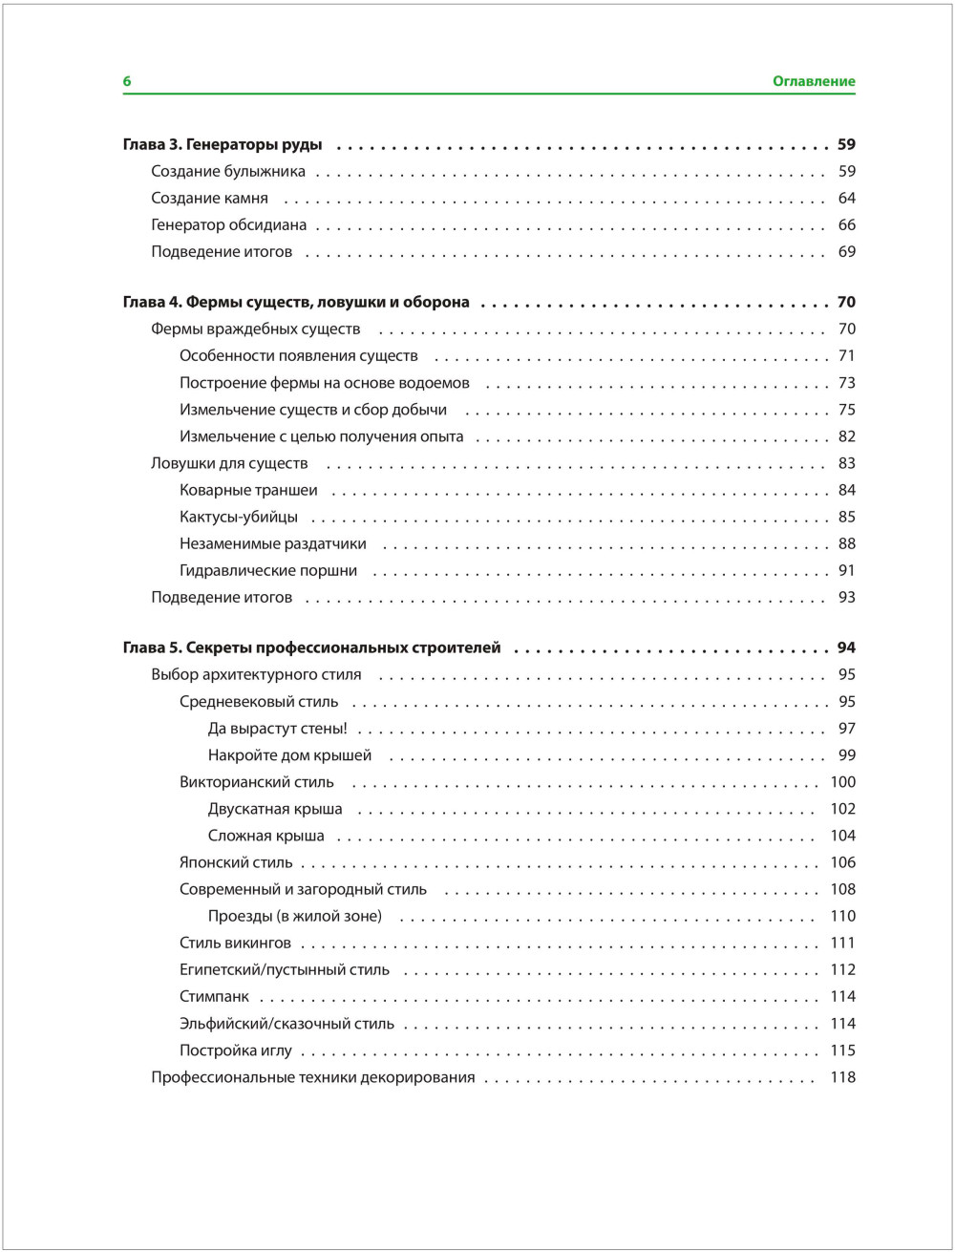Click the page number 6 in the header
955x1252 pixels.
[x=127, y=82]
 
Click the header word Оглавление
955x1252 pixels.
[x=814, y=82]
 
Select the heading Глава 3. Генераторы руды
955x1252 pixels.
[x=223, y=145]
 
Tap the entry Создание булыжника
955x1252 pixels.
[x=228, y=172]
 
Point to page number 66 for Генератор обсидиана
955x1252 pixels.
[x=846, y=225]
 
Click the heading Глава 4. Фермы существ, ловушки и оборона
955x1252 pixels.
[x=296, y=302]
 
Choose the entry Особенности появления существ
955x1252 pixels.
[x=298, y=356]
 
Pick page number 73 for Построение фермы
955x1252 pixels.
[x=846, y=383]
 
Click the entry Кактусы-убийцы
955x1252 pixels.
[x=238, y=517]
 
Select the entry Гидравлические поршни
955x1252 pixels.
[x=268, y=570]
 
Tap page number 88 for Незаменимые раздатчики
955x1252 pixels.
[x=846, y=543]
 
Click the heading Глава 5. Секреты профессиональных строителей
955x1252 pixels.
[x=311, y=647]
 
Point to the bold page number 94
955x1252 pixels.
[x=846, y=647]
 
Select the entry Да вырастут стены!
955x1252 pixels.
[x=277, y=729]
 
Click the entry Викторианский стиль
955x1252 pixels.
[x=257, y=782]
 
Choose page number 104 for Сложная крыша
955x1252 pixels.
[x=842, y=836]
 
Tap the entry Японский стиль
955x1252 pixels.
[x=236, y=862]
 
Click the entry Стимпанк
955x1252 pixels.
[x=214, y=996]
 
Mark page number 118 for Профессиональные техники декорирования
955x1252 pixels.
[x=842, y=1077]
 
